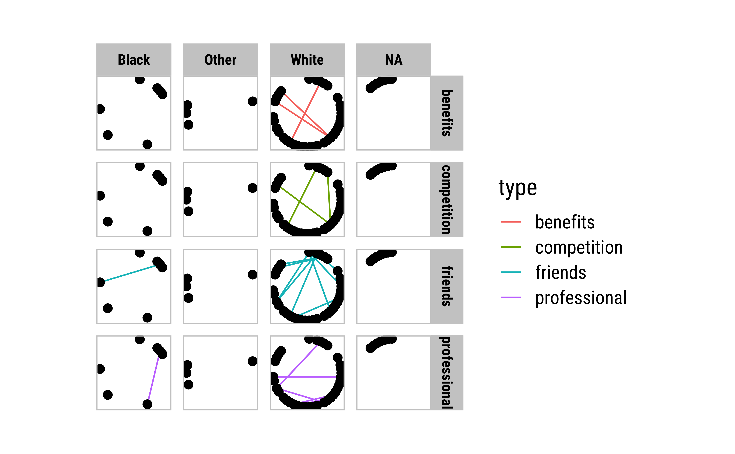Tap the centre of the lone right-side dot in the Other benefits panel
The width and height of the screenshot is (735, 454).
252,101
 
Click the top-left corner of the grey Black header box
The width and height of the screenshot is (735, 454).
97,44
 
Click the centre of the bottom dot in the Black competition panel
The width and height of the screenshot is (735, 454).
147,231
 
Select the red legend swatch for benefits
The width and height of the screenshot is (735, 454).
511,222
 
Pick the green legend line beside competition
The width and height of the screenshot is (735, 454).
511,247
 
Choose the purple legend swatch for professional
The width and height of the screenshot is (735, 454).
511,297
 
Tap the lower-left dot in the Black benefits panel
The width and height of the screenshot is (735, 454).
107,135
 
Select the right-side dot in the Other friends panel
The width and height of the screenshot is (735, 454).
252,275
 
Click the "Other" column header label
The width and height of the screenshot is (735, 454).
220,60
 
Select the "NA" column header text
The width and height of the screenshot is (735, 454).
394,60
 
